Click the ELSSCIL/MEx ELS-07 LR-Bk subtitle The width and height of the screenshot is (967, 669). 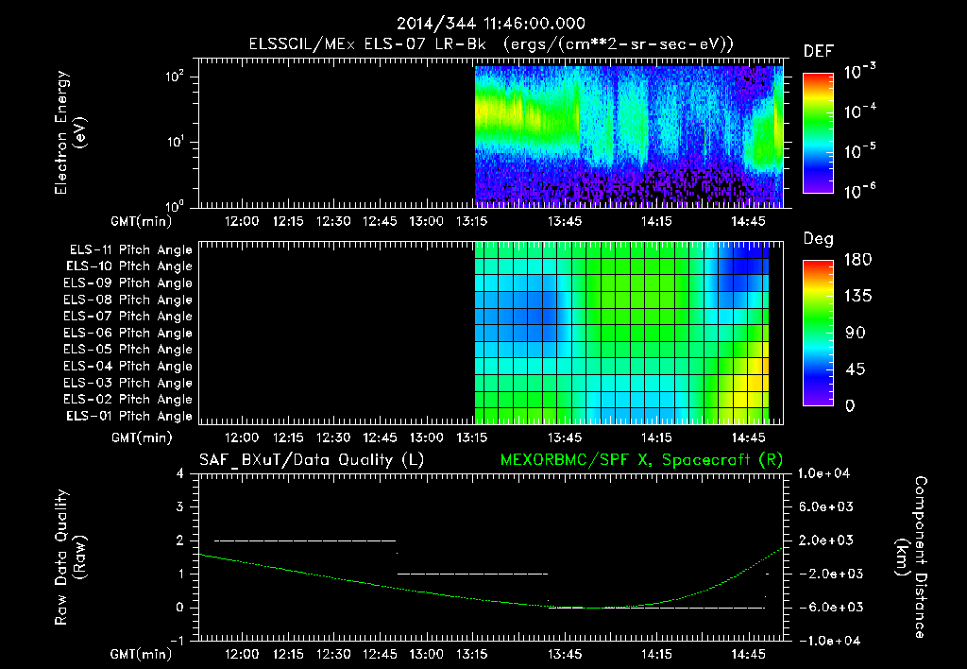point(483,44)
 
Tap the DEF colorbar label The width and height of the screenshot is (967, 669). point(818,51)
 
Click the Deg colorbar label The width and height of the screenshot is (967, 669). point(818,239)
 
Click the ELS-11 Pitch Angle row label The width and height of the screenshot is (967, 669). point(131,249)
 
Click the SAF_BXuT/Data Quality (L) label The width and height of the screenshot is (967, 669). point(311,459)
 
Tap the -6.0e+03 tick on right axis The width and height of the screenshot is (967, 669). point(827,607)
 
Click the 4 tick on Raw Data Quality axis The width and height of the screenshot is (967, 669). point(181,473)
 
